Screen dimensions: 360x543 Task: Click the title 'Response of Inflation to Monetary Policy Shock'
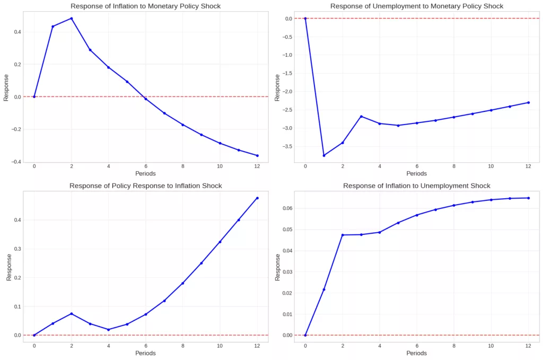tap(146, 6)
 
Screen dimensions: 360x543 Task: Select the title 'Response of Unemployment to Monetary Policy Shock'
tap(416, 6)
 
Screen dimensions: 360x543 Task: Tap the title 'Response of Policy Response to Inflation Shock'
tap(146, 186)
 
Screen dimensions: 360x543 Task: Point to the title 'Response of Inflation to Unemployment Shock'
tap(416, 186)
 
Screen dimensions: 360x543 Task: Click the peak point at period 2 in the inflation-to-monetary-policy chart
tap(71, 19)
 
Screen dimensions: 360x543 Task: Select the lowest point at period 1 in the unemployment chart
tap(323, 155)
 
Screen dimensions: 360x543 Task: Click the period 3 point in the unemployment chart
tap(361, 116)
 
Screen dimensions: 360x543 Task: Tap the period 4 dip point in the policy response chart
tap(108, 329)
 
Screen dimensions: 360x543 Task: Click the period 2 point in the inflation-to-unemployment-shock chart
tap(343, 235)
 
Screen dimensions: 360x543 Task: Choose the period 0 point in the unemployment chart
tap(305, 18)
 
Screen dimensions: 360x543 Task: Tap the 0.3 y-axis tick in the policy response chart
tap(17, 249)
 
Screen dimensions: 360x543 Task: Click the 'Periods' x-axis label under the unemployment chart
tap(416, 173)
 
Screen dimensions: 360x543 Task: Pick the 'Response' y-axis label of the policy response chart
tap(8, 268)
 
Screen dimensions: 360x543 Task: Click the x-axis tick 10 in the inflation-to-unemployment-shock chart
tap(491, 346)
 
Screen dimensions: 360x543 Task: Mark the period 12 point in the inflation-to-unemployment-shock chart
tap(529, 198)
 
